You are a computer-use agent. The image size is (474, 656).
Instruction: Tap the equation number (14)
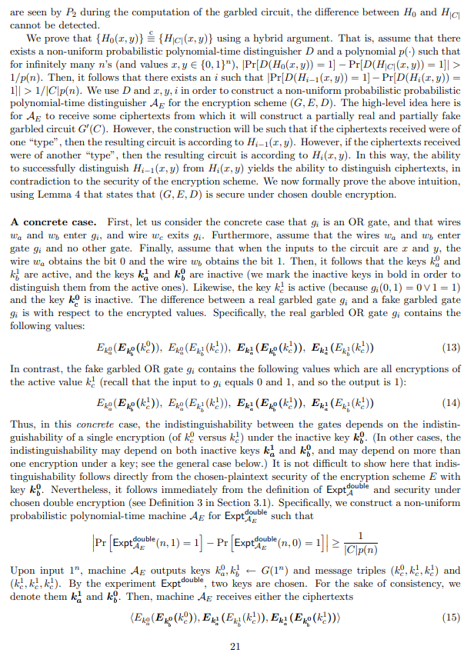point(452,402)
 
